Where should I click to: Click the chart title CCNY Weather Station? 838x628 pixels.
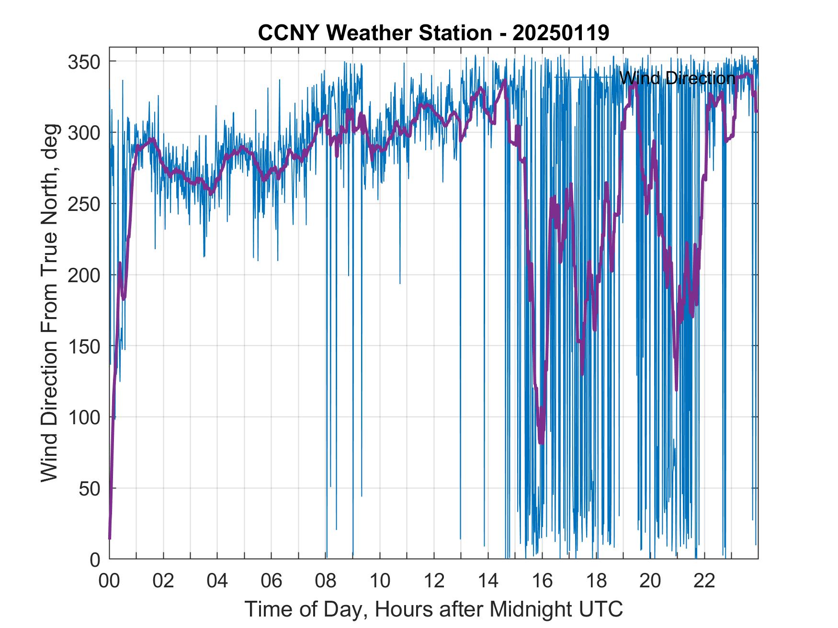click(x=374, y=33)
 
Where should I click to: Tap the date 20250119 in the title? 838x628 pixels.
click(x=561, y=33)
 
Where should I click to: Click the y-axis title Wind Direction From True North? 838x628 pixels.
click(x=49, y=303)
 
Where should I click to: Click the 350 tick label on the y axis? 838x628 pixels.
click(x=84, y=62)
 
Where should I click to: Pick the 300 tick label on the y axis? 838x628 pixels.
click(x=84, y=132)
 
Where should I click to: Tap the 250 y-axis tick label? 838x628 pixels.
click(x=84, y=204)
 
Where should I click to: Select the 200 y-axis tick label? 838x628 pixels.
click(x=84, y=275)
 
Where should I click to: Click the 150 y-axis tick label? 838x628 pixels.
click(x=84, y=346)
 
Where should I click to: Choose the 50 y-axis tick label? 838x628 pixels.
click(x=90, y=488)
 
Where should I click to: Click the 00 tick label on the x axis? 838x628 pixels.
click(x=109, y=581)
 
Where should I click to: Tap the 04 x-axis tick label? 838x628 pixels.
click(x=217, y=581)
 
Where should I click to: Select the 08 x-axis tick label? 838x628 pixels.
click(x=326, y=581)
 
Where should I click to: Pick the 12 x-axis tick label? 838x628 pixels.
click(x=434, y=581)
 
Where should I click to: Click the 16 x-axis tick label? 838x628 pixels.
click(x=542, y=581)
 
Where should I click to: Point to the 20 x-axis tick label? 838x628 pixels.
click(x=650, y=581)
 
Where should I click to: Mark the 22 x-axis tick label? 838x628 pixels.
click(x=704, y=581)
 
